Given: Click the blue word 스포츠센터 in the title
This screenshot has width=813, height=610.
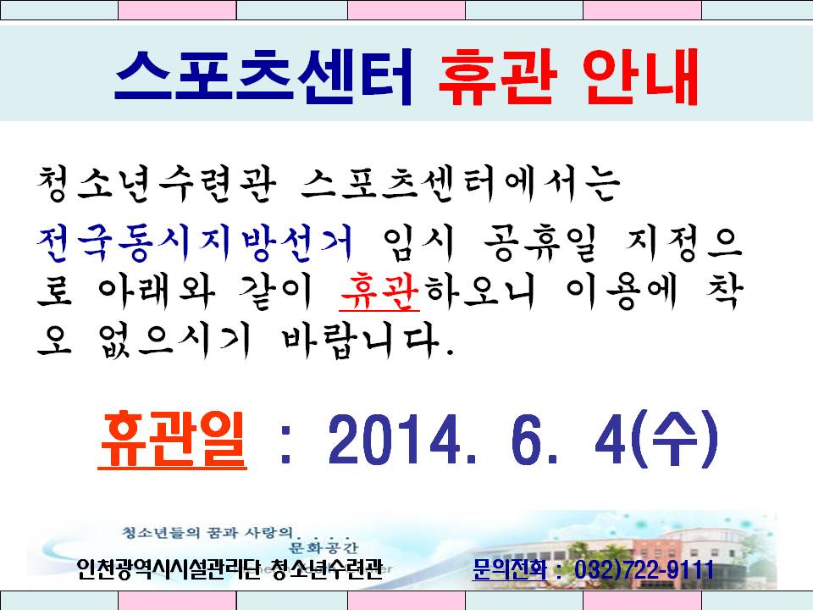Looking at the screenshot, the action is [264, 77].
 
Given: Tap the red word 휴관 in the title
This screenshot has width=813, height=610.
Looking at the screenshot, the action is [498, 77].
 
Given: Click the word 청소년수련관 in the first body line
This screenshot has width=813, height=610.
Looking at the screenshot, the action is [156, 184].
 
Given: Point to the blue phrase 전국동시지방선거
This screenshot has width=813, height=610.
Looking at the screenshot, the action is [195, 242].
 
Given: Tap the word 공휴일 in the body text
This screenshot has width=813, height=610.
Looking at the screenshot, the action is [540, 242].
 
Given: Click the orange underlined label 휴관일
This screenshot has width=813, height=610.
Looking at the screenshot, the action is [172, 440].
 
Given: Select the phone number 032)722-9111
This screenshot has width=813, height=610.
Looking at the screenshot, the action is [644, 569].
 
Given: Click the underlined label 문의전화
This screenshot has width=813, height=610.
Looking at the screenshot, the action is [509, 569].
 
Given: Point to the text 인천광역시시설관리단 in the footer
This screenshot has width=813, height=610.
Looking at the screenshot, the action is [168, 569].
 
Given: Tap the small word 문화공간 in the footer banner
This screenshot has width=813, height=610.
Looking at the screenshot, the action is [324, 547].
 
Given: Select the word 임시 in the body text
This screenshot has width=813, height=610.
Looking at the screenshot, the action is [418, 242].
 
